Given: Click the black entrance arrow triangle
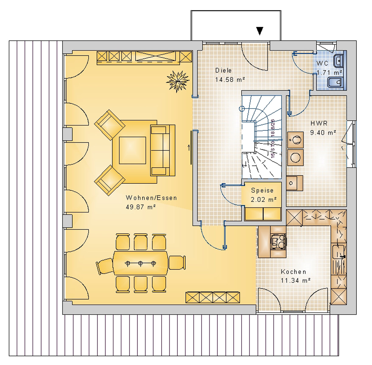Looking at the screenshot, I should click(x=259, y=31).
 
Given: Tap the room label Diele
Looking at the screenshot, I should click(x=224, y=71).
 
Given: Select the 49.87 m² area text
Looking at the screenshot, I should click(x=141, y=207).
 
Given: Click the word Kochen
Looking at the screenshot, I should click(x=293, y=272).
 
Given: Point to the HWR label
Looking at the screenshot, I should click(x=319, y=123).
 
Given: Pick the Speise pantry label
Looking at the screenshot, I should click(x=262, y=191).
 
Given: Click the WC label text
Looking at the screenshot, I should click(x=322, y=64).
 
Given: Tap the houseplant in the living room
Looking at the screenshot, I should click(x=178, y=81).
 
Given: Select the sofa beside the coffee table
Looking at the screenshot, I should click(x=162, y=150).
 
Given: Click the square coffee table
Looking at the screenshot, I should click(x=132, y=150).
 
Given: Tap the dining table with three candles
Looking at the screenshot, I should click(x=141, y=263).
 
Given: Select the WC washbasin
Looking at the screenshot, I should click(x=339, y=61).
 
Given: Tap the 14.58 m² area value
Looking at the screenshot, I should click(x=230, y=80).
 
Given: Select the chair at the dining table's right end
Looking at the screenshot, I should click(x=177, y=263).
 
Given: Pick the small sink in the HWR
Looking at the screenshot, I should click(x=291, y=183).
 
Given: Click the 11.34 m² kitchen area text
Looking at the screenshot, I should click(x=295, y=280).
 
